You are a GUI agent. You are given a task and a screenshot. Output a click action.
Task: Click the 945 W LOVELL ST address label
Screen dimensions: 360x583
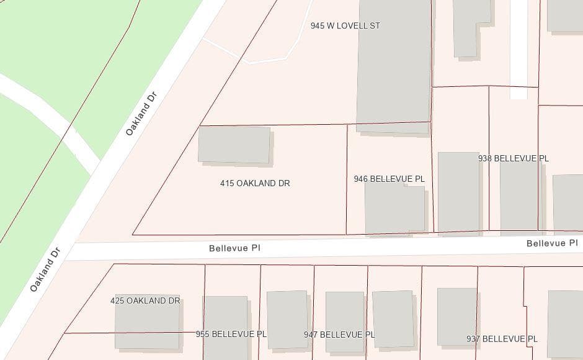click(x=345, y=26)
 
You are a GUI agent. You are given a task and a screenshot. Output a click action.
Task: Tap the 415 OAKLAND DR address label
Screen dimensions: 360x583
click(x=255, y=183)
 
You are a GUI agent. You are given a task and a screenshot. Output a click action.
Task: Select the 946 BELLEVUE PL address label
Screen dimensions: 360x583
click(x=389, y=179)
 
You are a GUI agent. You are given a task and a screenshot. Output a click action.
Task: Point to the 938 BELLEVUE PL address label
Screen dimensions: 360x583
click(x=513, y=158)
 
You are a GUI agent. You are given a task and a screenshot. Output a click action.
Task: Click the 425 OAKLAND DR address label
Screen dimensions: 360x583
click(x=145, y=300)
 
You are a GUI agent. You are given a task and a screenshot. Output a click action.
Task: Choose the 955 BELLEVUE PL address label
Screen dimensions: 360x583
click(x=231, y=334)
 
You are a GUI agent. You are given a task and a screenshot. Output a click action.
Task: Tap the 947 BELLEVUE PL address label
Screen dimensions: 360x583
click(x=339, y=334)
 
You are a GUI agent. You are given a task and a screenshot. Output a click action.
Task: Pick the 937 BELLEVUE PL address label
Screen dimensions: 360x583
click(x=502, y=339)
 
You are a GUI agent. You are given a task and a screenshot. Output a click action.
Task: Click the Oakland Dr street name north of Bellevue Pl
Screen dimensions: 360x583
click(x=141, y=114)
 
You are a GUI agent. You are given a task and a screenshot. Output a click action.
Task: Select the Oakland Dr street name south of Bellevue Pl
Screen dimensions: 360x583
click(x=46, y=270)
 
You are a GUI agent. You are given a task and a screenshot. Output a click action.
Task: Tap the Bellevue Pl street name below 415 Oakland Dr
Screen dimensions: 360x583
click(x=234, y=248)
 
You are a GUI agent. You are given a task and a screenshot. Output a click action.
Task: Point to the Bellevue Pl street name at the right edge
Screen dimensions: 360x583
click(x=551, y=243)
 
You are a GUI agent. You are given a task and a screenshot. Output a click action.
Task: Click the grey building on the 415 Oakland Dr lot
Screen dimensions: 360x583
click(x=234, y=145)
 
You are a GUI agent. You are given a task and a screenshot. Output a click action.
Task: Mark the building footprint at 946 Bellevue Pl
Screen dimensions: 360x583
click(x=395, y=209)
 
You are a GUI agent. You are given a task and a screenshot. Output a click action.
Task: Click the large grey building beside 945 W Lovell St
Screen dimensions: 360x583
click(x=394, y=62)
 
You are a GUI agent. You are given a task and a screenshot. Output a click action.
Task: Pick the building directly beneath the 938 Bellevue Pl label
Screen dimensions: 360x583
click(x=518, y=196)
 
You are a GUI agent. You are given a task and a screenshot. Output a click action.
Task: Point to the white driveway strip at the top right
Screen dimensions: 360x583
click(x=518, y=50)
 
